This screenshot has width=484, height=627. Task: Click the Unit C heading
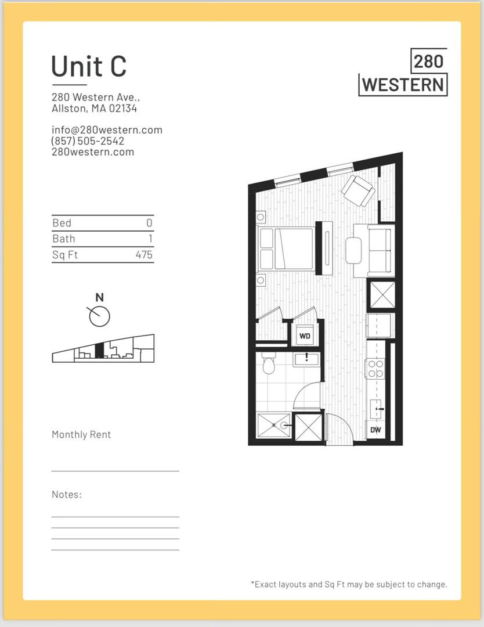(x=89, y=66)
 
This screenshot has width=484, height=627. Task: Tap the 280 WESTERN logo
(x=403, y=73)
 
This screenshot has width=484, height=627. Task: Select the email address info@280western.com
(x=107, y=130)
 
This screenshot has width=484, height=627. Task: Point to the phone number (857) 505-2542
(x=88, y=141)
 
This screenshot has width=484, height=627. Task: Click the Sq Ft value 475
(x=144, y=254)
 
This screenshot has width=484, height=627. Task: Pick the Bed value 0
(x=149, y=223)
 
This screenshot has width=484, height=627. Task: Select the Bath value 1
(x=149, y=239)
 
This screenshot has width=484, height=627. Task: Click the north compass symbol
(x=99, y=315)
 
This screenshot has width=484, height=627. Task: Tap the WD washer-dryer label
(x=304, y=336)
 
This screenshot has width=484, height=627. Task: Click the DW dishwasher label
(x=375, y=430)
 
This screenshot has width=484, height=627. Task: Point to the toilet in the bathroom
(x=268, y=365)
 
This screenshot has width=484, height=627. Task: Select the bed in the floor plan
(x=287, y=248)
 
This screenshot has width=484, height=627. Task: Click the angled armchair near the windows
(x=358, y=190)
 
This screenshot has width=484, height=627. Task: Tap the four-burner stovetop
(x=375, y=369)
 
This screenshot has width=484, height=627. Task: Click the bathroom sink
(x=306, y=359)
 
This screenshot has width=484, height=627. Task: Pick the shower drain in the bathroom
(x=284, y=426)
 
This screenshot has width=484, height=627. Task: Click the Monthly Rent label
(x=81, y=434)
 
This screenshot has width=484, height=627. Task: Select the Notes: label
(x=67, y=495)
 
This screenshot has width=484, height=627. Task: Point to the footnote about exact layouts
(x=349, y=584)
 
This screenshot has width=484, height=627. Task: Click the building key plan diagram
(x=103, y=349)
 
